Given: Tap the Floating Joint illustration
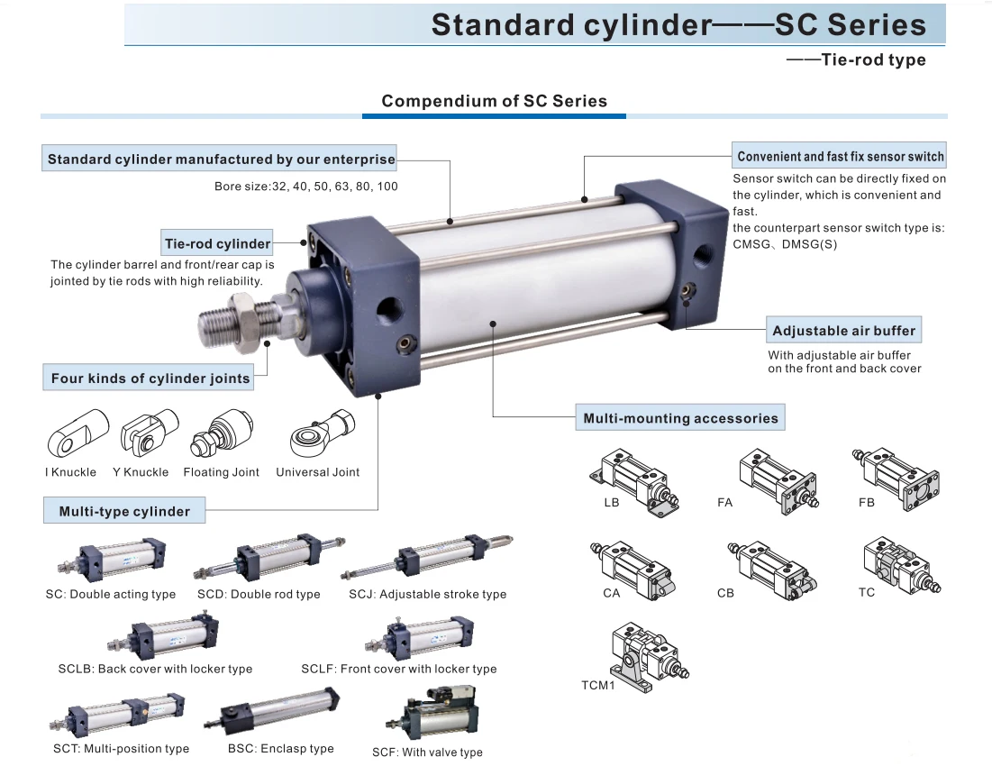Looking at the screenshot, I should tap(216, 434).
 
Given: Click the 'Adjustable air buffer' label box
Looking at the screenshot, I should tap(843, 331).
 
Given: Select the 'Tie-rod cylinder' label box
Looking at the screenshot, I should tap(217, 243).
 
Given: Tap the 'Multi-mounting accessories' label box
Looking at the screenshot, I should tap(680, 418).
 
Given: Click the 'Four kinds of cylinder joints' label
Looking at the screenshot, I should tap(150, 378).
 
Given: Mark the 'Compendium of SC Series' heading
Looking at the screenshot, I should tap(494, 101).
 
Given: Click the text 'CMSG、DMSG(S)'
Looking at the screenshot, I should tap(785, 244).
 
